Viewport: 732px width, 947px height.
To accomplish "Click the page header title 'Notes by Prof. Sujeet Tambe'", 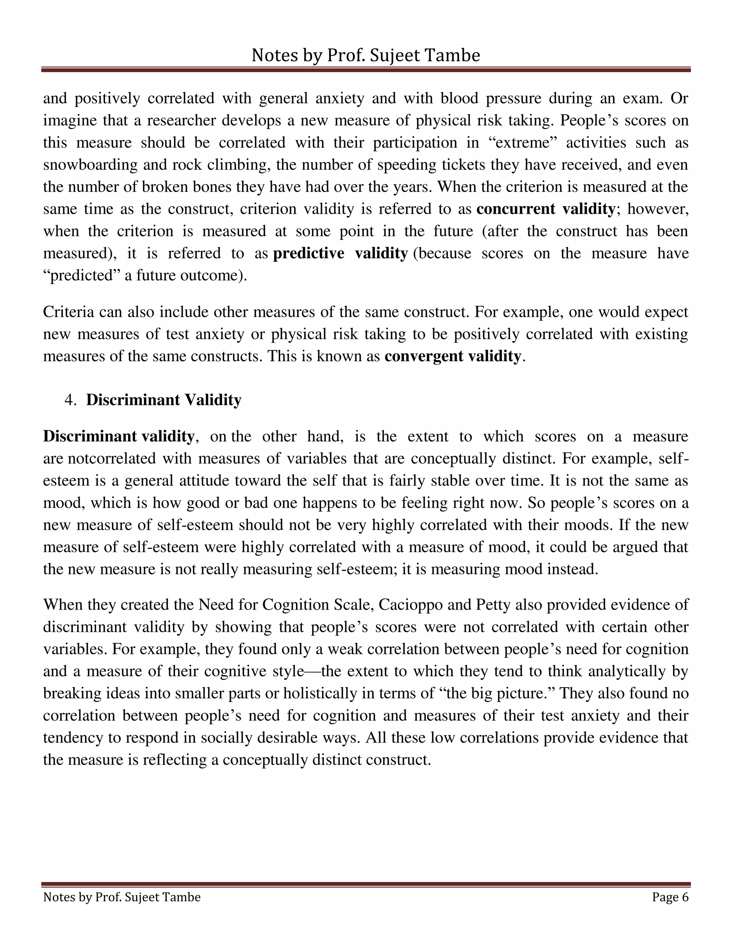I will tap(366, 55).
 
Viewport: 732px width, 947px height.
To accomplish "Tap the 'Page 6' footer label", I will tap(670, 897).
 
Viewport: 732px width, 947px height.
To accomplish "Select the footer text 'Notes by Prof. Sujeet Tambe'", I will tap(122, 897).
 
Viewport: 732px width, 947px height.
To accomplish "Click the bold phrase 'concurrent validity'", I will tap(545, 209).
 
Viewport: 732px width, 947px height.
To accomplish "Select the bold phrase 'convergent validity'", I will tap(452, 356).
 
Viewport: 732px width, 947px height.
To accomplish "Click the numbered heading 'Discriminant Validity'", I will tap(163, 400).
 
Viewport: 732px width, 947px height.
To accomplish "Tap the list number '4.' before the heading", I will tap(70, 400).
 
